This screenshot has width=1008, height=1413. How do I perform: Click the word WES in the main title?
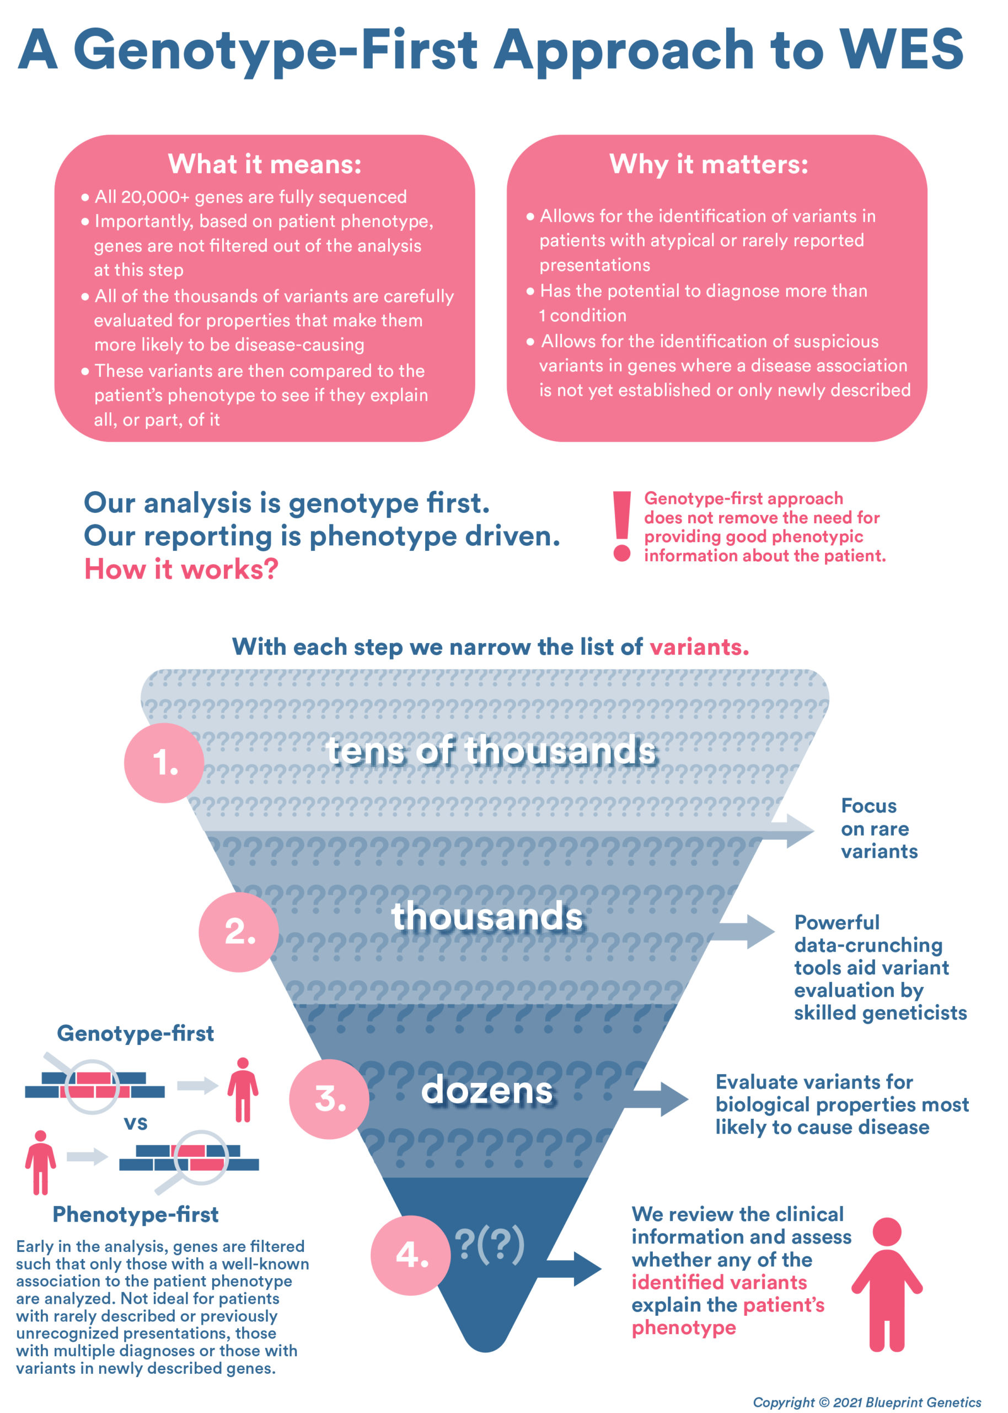(900, 50)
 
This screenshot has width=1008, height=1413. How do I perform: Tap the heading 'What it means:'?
(265, 164)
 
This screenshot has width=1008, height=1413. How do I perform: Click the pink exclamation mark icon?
(621, 525)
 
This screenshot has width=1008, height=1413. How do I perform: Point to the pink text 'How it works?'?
(181, 569)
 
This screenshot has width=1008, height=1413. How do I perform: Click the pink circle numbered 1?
(164, 763)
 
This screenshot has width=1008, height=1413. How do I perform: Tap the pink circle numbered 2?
(239, 932)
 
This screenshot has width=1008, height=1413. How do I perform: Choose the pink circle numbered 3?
(329, 1099)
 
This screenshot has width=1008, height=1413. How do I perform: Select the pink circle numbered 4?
(411, 1255)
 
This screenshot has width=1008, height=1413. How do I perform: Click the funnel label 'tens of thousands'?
(491, 750)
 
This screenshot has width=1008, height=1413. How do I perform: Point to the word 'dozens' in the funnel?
(487, 1091)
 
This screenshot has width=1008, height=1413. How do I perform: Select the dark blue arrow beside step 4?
(574, 1268)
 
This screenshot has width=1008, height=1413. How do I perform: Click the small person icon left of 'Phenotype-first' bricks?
(40, 1162)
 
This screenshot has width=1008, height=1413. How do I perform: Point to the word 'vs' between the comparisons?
(135, 1122)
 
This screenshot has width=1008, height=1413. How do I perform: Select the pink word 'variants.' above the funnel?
(699, 647)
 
